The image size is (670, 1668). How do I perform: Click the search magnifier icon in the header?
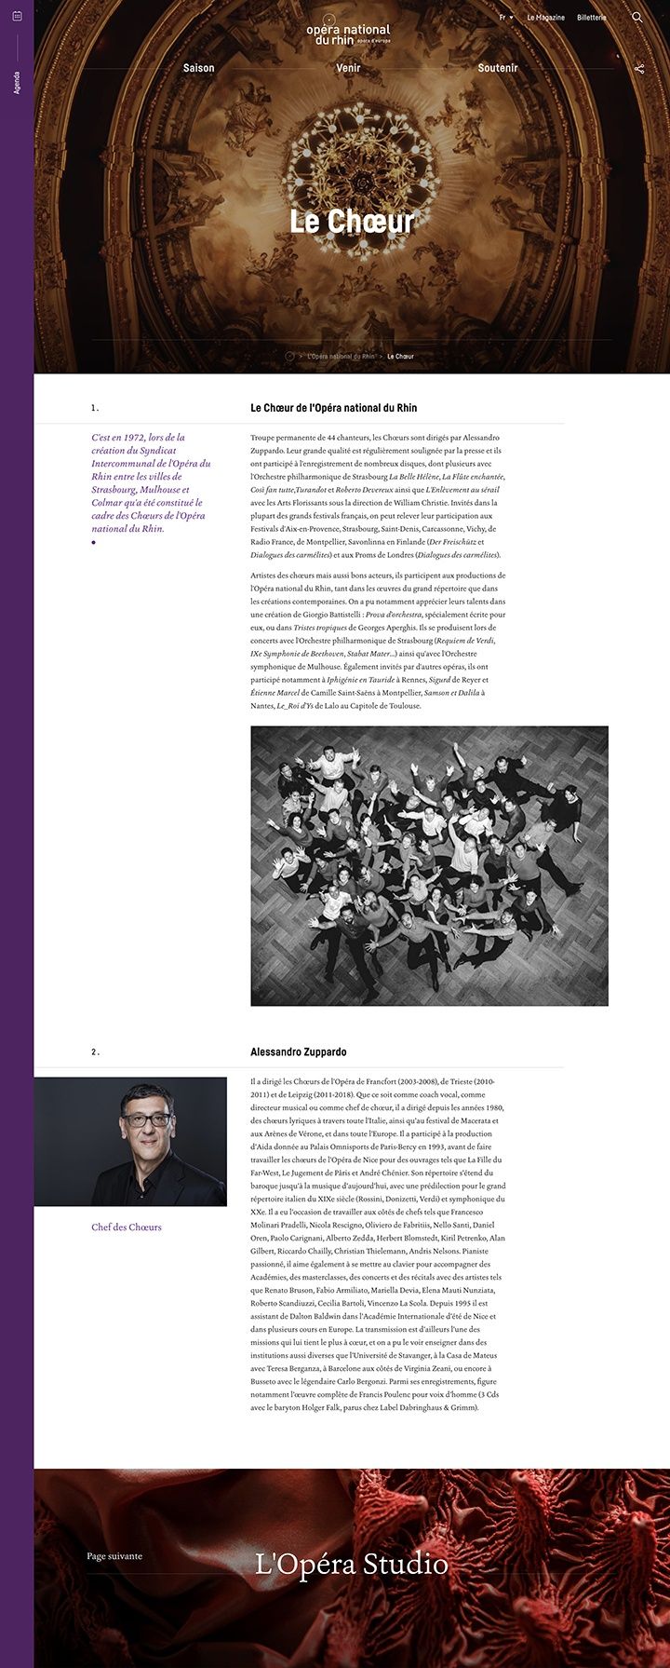(637, 18)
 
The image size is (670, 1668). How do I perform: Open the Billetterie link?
(592, 18)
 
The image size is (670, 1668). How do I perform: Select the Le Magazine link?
(546, 18)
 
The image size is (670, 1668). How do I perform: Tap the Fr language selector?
(506, 18)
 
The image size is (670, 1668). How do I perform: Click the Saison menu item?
(199, 68)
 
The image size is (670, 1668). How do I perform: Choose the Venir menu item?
(348, 68)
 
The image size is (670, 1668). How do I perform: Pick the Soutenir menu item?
(498, 68)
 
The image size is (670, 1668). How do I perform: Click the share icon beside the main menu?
(639, 69)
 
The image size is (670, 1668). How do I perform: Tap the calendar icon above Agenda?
(17, 42)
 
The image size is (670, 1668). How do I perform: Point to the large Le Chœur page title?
(352, 222)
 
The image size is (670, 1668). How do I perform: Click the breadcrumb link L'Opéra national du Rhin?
(341, 357)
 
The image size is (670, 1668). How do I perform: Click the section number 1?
(94, 408)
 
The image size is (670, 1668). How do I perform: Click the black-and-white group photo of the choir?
(429, 866)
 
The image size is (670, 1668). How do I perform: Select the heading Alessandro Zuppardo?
(298, 1052)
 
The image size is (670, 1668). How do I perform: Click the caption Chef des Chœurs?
(127, 1227)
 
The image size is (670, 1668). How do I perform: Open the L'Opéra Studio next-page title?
(352, 1565)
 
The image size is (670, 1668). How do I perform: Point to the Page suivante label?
(114, 1556)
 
